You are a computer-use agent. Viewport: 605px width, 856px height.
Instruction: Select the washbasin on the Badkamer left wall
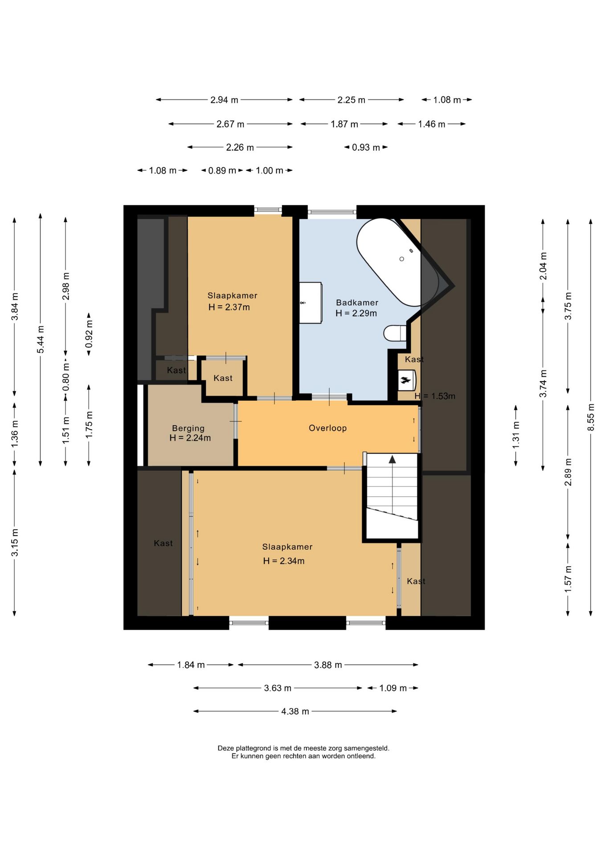click(310, 303)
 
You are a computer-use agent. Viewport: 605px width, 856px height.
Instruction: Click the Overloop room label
click(327, 428)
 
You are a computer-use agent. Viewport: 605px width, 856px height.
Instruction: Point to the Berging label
click(188, 428)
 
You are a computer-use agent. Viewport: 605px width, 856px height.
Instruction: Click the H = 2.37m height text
click(229, 307)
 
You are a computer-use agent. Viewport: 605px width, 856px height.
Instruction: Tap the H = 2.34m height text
click(284, 561)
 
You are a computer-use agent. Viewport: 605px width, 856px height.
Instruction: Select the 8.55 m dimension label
click(591, 417)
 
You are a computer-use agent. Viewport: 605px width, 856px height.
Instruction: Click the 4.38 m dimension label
click(295, 712)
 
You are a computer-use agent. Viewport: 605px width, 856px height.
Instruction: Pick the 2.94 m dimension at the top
click(224, 100)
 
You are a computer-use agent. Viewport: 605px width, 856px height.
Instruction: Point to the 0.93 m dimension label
click(366, 148)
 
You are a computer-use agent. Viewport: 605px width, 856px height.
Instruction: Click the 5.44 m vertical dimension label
click(41, 339)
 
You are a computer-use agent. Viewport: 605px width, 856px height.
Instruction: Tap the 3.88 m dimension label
click(328, 665)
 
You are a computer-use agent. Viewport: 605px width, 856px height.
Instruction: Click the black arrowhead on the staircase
click(392, 459)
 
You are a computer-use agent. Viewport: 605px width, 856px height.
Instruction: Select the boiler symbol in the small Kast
click(406, 380)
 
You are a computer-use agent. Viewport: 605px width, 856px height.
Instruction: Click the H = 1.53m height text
click(435, 396)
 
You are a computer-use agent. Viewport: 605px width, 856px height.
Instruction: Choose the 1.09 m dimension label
click(393, 688)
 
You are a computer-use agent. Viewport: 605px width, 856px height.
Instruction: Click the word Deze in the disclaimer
click(225, 749)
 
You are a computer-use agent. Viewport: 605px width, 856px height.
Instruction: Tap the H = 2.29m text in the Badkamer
click(356, 313)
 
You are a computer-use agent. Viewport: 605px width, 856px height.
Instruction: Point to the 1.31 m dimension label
click(516, 434)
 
